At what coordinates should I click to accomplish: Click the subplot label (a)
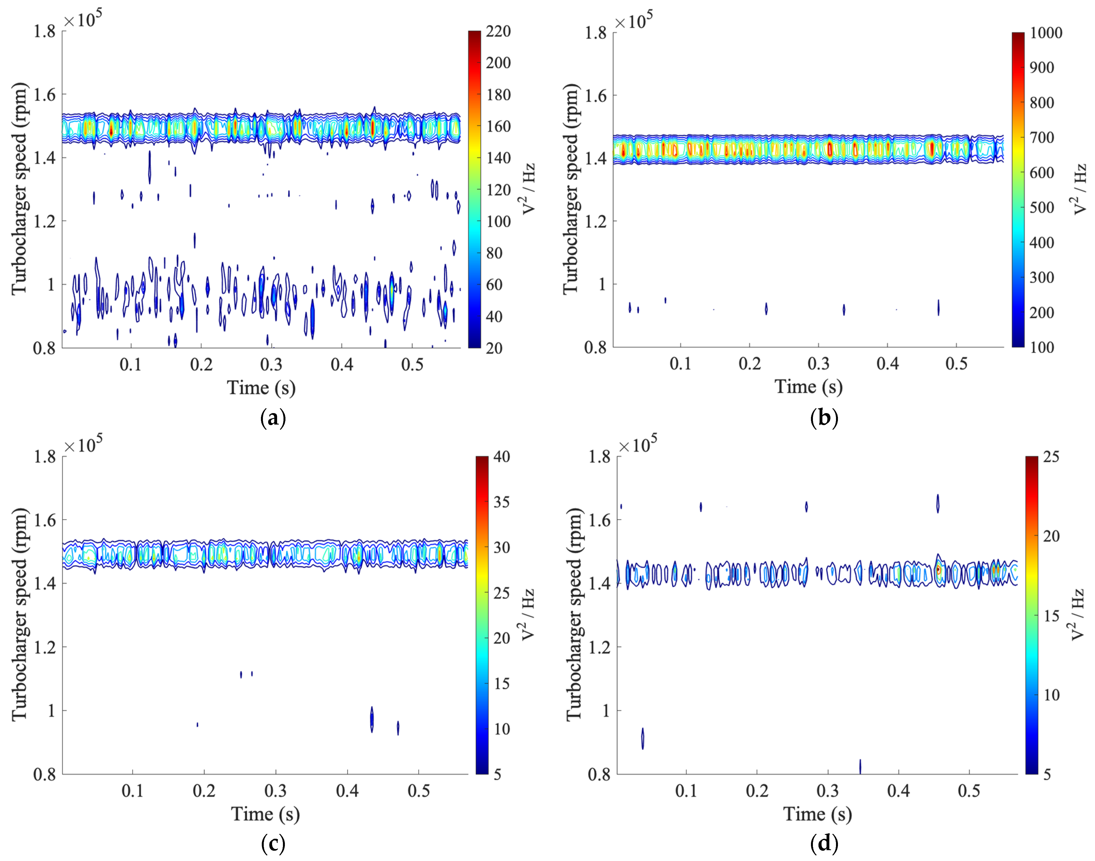point(273,418)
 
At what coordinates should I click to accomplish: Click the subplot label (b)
point(824,418)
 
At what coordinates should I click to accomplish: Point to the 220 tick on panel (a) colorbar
point(498,31)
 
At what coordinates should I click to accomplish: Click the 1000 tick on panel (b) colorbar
point(1045,33)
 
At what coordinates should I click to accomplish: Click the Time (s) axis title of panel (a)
point(261,388)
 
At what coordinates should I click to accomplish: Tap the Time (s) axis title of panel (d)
point(817,814)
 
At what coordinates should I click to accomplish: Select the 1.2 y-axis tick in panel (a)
point(44,221)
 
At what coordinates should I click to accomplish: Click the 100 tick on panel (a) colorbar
point(498,221)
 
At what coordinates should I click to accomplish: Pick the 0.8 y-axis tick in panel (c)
point(44,774)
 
